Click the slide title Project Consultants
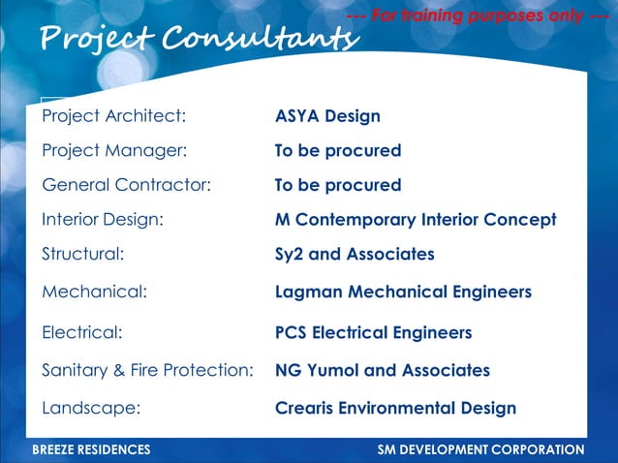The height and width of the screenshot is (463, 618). [198, 39]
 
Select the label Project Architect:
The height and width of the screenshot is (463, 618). [113, 116]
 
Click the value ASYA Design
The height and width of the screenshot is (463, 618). [327, 116]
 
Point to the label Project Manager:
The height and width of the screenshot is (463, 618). [113, 151]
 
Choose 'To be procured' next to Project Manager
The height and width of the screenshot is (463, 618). [337, 151]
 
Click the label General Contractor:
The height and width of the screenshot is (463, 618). [126, 185]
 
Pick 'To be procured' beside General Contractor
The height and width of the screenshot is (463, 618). [337, 185]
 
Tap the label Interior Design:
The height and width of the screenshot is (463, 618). [102, 220]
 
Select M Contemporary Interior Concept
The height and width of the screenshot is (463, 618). [416, 220]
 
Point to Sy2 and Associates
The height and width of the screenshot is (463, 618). [355, 255]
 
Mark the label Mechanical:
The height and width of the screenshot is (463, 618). [94, 292]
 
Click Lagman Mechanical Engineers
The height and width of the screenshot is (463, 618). [403, 292]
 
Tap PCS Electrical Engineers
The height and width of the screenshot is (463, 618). [373, 333]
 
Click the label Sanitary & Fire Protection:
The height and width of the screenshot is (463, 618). [147, 370]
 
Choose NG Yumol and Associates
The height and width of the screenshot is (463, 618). [382, 370]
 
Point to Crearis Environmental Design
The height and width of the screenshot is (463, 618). [395, 408]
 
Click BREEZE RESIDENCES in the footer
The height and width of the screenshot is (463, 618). [91, 450]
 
